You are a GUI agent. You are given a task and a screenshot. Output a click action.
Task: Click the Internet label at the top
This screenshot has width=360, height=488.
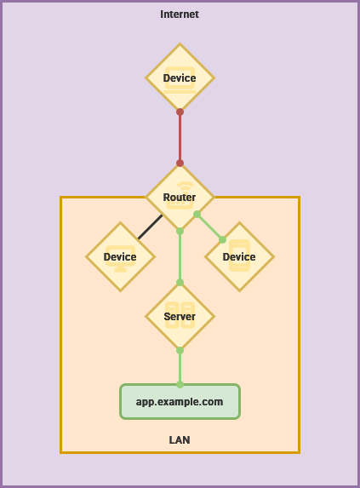(x=180, y=14)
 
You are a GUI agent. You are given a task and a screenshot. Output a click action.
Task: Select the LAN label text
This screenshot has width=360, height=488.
(x=180, y=439)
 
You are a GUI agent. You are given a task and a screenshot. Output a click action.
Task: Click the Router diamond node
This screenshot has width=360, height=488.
(x=180, y=197)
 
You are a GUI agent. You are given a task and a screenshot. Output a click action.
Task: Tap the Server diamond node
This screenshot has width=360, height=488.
(x=180, y=316)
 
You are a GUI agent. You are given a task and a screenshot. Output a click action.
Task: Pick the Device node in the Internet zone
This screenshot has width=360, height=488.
(x=180, y=78)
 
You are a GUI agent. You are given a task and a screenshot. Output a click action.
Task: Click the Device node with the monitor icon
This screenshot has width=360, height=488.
(x=120, y=256)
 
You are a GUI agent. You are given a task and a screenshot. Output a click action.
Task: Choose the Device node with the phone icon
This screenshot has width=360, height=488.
(x=239, y=256)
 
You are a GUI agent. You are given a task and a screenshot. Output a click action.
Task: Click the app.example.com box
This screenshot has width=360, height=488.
(x=180, y=401)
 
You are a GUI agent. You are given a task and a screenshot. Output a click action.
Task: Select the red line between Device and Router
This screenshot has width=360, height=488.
(x=180, y=138)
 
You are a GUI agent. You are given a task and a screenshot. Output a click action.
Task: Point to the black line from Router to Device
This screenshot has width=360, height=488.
(x=150, y=227)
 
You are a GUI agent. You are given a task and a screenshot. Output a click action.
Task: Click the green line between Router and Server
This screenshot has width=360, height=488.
(x=180, y=256)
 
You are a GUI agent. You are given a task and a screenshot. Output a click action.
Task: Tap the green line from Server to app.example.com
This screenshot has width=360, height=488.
(x=180, y=368)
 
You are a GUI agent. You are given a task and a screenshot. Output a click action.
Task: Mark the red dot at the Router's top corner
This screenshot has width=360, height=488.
(x=180, y=163)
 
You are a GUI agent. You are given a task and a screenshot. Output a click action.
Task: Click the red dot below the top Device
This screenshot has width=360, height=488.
(x=180, y=112)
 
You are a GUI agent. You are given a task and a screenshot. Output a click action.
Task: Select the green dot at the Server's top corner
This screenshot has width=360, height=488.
(x=180, y=283)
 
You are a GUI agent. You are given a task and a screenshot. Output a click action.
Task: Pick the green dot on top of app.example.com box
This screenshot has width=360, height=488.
(x=180, y=385)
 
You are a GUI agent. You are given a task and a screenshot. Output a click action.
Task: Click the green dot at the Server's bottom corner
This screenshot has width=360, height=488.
(x=180, y=350)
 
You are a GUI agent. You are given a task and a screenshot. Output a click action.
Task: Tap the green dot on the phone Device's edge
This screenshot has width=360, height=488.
(x=222, y=239)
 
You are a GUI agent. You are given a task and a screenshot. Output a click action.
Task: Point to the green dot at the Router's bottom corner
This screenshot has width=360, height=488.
(x=180, y=232)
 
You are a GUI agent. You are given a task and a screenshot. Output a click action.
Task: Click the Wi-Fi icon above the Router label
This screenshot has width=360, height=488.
(x=186, y=186)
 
